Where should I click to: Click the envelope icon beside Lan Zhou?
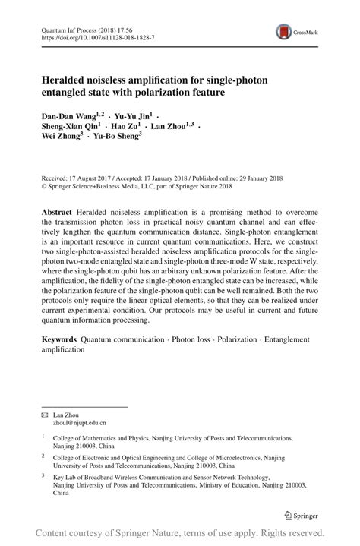point(44,414)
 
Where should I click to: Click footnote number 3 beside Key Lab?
point(43,476)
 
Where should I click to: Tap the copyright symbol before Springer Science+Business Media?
point(43,185)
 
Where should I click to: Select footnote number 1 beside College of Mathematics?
point(43,437)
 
